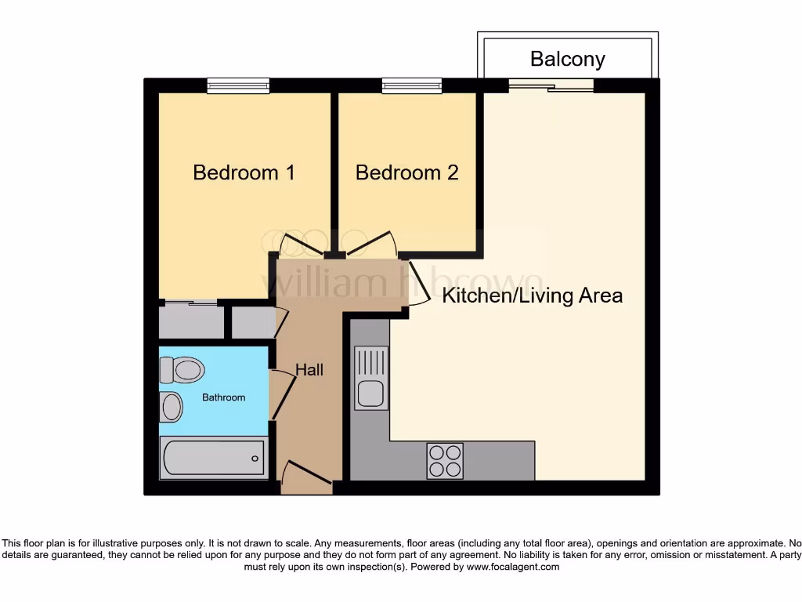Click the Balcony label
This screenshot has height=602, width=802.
click(x=567, y=59)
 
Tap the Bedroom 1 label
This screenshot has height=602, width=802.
click(x=244, y=172)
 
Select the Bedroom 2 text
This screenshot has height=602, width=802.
click(x=406, y=172)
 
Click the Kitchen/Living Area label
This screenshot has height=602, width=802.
click(x=533, y=296)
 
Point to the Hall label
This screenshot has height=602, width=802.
click(x=309, y=369)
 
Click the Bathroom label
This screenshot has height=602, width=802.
click(x=224, y=397)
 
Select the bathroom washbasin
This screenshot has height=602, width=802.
click(x=172, y=407)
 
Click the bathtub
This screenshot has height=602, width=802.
click(x=213, y=457)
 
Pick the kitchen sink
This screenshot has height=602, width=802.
click(x=371, y=377)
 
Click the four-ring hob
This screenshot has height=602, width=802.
click(x=445, y=460)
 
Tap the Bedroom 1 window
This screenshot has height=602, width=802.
click(x=238, y=85)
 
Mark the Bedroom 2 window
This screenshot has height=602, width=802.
click(x=412, y=85)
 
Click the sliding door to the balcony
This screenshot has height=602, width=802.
click(x=551, y=85)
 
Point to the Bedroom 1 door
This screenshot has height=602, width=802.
click(x=302, y=246)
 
